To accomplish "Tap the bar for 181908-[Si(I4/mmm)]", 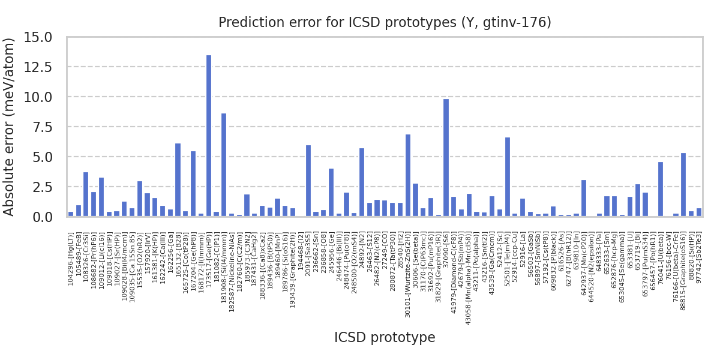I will tap(224, 165).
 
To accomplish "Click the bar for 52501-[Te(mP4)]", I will tap(508, 177).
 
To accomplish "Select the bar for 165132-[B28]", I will tap(178, 180).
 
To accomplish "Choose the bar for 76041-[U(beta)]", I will tap(661, 189).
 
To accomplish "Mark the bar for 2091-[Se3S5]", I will tap(308, 181).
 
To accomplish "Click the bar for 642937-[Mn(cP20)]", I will tap(584, 198).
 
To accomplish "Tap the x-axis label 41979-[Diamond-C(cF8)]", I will tap(454, 269).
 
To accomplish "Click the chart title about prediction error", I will tap(385, 23).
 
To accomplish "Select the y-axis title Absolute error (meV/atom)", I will tap(10, 127).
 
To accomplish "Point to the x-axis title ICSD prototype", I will tap(385, 338).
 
